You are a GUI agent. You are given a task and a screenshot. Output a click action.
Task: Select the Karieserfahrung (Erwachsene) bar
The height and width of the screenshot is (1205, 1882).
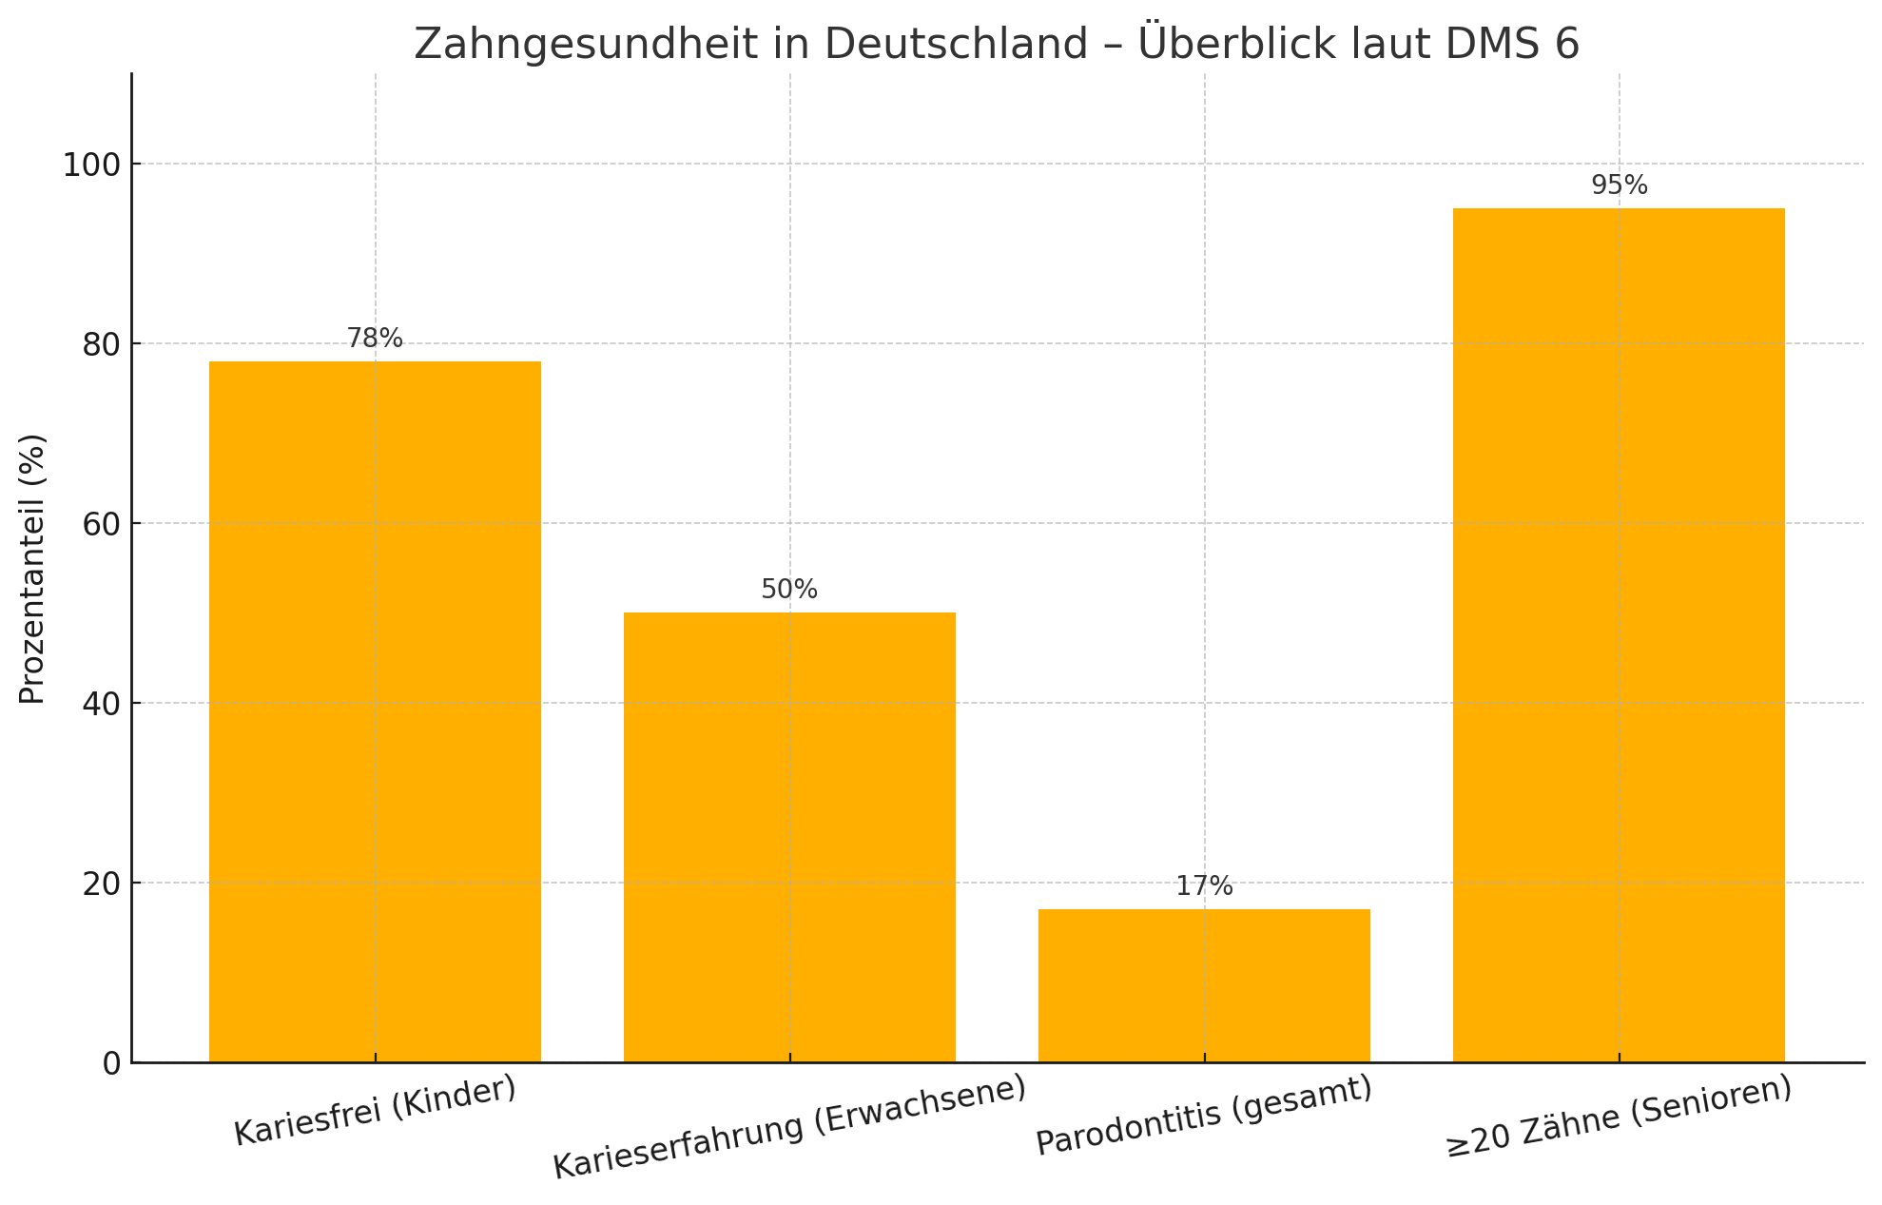point(789,837)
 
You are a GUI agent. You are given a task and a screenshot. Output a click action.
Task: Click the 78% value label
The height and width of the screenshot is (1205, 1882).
point(375,339)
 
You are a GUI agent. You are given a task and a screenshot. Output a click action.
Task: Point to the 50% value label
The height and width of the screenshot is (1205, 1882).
point(789,590)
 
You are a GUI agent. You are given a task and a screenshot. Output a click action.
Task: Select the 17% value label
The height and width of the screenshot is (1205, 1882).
point(1204,886)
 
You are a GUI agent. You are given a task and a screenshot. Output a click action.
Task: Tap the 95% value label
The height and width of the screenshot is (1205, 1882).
point(1619,185)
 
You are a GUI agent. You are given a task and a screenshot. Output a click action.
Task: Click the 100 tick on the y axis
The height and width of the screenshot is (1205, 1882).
point(92,165)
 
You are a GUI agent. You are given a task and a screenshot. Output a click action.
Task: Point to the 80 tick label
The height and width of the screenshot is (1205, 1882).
point(101,344)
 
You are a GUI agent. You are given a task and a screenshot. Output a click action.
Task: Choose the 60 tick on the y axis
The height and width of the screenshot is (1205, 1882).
point(101,524)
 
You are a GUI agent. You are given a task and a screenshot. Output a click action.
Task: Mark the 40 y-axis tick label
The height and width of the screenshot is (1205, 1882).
point(101,704)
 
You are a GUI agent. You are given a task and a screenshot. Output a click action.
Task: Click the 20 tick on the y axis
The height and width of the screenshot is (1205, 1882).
point(101,884)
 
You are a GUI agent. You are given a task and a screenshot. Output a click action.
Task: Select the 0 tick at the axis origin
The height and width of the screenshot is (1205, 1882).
point(111,1063)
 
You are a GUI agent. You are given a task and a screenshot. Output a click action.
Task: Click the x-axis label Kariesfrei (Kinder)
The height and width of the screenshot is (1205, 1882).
point(375,1111)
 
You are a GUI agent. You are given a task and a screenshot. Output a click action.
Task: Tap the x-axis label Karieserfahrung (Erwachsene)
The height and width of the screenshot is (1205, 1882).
point(789,1127)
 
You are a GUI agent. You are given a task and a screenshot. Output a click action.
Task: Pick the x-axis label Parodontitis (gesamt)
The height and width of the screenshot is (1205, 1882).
point(1204,1115)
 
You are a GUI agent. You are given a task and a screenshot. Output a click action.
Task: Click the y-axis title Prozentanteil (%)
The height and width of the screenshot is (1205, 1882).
point(32,569)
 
